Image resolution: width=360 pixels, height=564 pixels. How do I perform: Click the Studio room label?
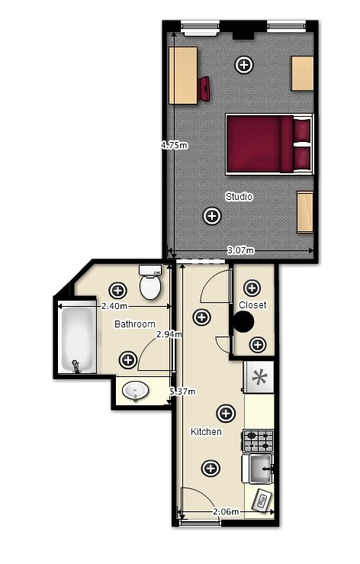(239, 197)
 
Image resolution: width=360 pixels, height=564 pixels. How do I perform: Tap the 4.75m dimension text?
(175, 145)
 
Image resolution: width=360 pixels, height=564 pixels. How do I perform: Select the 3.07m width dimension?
(240, 250)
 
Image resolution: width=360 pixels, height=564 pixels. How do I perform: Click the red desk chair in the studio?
(204, 89)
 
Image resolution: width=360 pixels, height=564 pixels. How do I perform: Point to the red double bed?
(269, 144)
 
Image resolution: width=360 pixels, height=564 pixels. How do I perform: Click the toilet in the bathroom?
(150, 282)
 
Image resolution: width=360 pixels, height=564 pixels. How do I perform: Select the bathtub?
(77, 337)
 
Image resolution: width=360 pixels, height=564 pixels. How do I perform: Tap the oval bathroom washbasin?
(135, 391)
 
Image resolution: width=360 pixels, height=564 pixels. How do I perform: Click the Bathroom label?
(135, 324)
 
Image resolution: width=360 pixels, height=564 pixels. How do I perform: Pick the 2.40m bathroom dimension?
(114, 307)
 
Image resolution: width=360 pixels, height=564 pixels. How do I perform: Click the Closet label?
(252, 305)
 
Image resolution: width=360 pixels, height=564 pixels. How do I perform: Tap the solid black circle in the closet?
(243, 322)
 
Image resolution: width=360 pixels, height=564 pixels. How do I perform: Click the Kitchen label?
(206, 432)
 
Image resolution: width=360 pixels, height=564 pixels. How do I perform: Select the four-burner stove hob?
(259, 441)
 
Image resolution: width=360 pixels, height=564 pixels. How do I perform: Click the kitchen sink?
(259, 469)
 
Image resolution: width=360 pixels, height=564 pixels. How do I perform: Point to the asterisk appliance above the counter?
(259, 377)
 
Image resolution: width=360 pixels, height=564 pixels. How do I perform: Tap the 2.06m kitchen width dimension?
(226, 511)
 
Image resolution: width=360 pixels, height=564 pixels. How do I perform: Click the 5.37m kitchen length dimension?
(183, 392)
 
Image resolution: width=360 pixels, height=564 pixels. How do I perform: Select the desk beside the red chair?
(183, 76)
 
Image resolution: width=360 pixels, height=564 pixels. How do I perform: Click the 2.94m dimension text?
(169, 334)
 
